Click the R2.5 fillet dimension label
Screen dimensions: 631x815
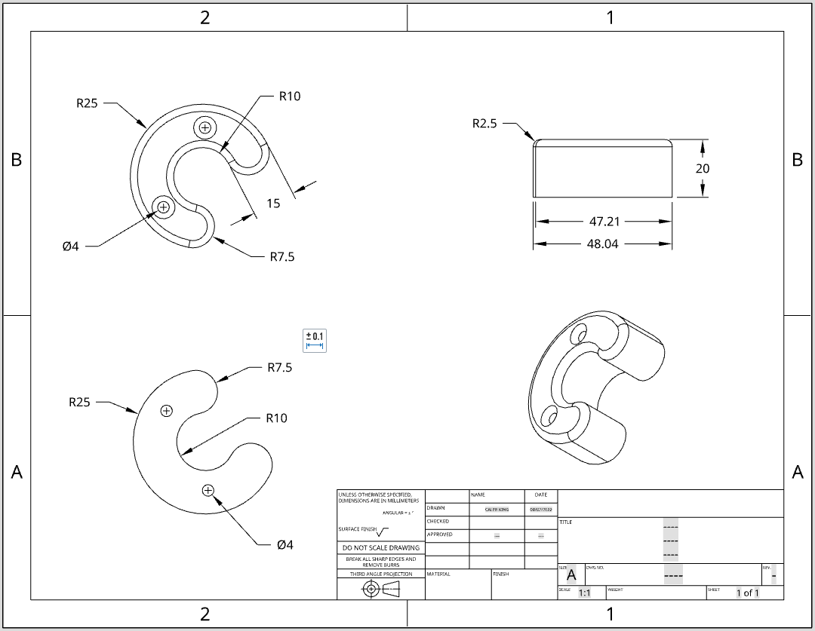(484, 124)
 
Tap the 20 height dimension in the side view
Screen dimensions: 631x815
(703, 169)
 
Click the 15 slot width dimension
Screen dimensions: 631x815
(273, 203)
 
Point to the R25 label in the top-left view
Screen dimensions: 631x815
(87, 104)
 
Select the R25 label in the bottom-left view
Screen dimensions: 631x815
(79, 403)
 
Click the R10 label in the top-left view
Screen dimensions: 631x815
(290, 96)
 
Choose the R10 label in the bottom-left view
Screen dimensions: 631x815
(276, 418)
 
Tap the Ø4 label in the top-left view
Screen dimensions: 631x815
(70, 247)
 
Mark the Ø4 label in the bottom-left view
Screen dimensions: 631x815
(284, 545)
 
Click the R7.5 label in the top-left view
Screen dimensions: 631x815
(282, 257)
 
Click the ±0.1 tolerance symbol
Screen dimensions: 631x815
(315, 340)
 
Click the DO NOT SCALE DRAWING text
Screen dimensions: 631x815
(381, 548)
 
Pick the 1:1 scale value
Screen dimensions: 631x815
(584, 593)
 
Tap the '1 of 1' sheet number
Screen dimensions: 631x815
(747, 593)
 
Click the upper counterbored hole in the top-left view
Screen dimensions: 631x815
(205, 127)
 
